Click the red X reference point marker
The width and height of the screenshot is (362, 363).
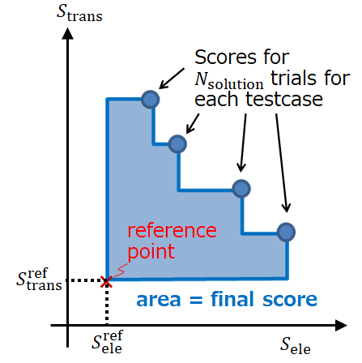click(106, 282)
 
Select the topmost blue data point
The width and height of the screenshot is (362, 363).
click(151, 100)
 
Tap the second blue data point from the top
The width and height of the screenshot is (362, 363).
click(177, 144)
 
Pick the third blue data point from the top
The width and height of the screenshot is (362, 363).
click(241, 189)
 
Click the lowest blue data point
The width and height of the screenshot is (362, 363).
click(286, 232)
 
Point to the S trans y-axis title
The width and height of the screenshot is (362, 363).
click(79, 13)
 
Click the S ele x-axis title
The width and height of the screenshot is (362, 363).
click(296, 345)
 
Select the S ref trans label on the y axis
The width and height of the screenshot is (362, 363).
click(39, 280)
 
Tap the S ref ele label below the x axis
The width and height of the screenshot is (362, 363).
click(107, 342)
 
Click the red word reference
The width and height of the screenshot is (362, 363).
click(172, 230)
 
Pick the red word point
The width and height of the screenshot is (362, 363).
click(151, 251)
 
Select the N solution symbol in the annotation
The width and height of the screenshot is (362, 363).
click(229, 80)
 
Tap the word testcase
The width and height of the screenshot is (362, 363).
click(284, 99)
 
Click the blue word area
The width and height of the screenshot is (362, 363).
click(159, 300)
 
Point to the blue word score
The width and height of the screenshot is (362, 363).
click(290, 300)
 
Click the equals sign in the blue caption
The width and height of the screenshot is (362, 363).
click(196, 300)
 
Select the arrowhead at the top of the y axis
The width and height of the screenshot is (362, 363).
click(67, 33)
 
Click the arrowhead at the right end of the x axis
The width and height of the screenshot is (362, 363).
click(341, 325)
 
